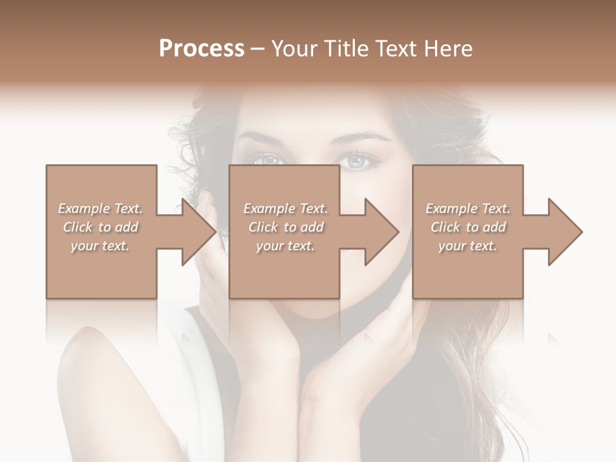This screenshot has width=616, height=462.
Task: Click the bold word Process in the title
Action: click(201, 49)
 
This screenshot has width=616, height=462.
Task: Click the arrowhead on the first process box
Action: click(199, 232)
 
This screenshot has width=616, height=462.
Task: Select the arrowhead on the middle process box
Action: click(382, 232)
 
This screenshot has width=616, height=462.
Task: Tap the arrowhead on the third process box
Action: click(565, 232)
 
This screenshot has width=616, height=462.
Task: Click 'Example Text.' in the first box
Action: click(101, 209)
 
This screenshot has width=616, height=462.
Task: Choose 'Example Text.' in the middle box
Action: click(286, 209)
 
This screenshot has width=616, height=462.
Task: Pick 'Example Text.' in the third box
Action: click(468, 209)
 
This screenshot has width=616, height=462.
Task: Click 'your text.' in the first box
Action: click(100, 246)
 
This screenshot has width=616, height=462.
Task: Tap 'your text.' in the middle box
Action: click(286, 246)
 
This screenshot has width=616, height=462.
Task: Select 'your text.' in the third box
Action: click(468, 246)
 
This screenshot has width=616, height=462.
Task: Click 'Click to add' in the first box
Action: click(101, 227)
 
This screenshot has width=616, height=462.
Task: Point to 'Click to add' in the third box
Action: click(468, 227)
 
